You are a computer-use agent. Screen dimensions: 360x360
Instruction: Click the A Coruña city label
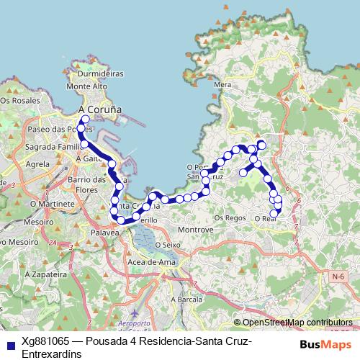(99, 109)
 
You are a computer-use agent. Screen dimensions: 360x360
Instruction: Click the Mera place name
(222, 84)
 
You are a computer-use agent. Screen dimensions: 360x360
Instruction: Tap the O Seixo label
(166, 245)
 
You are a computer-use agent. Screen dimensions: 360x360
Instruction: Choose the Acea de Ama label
(151, 262)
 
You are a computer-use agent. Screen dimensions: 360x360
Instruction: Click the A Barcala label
(186, 299)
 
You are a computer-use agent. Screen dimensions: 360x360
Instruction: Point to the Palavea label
(105, 233)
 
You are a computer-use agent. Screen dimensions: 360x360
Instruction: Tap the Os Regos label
(230, 217)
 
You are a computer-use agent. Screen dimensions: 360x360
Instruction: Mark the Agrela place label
(37, 164)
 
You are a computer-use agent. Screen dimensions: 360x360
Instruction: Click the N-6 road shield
(338, 275)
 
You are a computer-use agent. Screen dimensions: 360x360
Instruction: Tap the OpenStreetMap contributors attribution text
(297, 323)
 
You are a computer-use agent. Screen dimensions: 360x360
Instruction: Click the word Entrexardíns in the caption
(52, 354)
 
